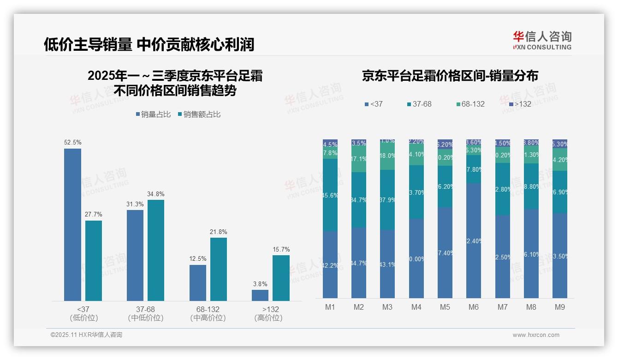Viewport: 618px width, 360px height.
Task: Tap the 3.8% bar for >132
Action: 260,295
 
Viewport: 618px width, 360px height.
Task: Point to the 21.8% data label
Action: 218,232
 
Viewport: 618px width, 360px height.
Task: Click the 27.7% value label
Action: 94,214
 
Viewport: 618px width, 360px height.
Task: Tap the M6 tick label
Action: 474,307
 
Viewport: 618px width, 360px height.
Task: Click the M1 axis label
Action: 330,307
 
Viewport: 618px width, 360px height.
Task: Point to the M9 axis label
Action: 559,307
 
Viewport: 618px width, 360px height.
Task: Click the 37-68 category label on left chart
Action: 145,309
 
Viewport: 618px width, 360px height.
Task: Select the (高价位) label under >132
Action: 268,318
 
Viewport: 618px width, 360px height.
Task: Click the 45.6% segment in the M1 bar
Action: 330,195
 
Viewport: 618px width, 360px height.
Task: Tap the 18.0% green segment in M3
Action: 387,156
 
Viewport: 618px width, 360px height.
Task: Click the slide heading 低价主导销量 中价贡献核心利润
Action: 149,44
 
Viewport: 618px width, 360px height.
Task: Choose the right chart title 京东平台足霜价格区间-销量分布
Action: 450,76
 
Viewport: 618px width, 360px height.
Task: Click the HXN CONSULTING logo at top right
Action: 542,40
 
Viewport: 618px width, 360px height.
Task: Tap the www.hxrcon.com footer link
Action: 536,335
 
